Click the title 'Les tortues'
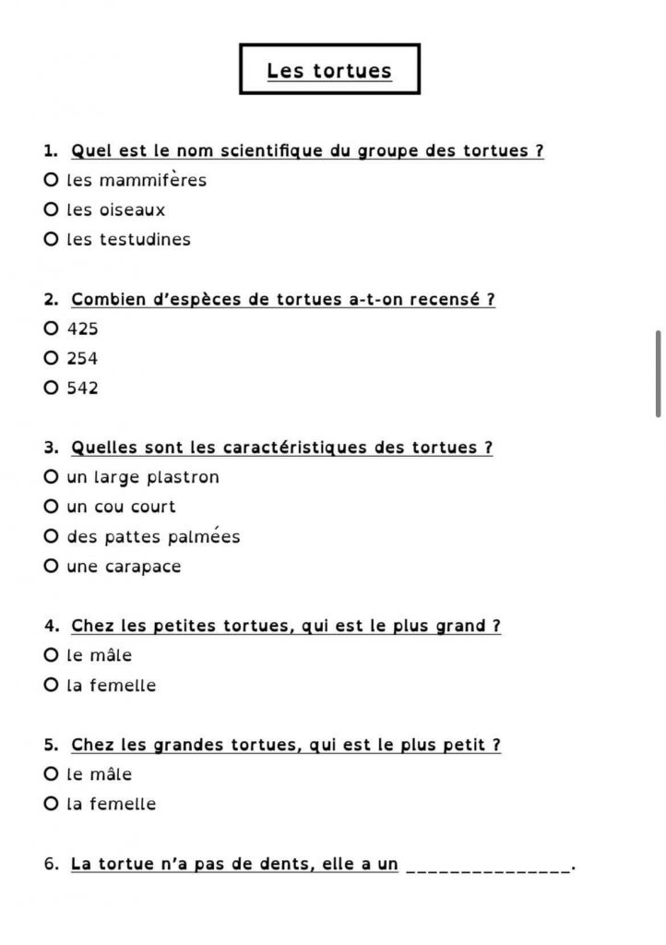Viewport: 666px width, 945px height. coord(329,71)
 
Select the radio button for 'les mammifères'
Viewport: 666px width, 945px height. coord(51,180)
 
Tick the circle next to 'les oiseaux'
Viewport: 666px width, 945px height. coord(51,209)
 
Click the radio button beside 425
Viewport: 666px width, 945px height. coord(51,329)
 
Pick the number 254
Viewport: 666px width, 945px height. coord(82,358)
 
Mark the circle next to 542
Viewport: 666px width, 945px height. coord(51,388)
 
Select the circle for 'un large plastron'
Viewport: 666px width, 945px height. coord(51,477)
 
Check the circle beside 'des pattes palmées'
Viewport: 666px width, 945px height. coord(51,536)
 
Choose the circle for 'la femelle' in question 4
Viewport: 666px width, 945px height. coord(51,685)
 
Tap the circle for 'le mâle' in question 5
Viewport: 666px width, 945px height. coord(51,773)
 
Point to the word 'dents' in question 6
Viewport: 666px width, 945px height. coord(279,864)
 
